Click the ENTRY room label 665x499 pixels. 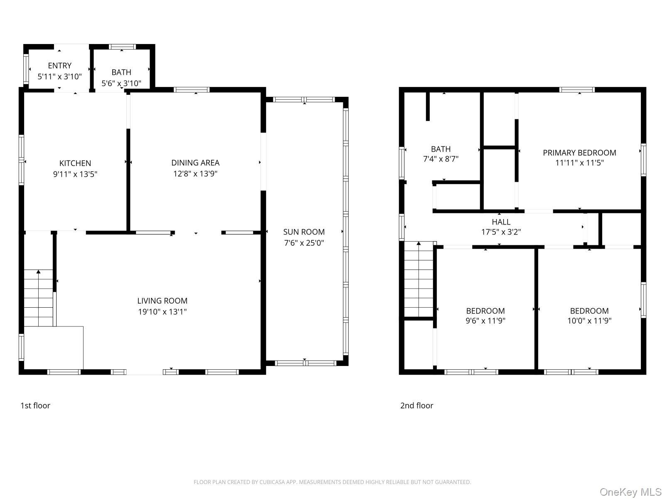[x=60, y=65]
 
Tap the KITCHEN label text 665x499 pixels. [x=75, y=163]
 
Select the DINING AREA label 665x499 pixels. [x=195, y=163]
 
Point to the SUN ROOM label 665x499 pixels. [x=304, y=232]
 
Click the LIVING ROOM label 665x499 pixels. [x=163, y=301]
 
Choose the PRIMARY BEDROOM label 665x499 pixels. [x=579, y=153]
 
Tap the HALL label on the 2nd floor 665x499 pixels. [x=501, y=222]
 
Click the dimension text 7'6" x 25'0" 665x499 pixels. [x=304, y=243]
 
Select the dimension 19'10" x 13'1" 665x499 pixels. [x=163, y=311]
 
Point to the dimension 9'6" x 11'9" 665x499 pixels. [x=485, y=321]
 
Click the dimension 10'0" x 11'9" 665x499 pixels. [x=589, y=321]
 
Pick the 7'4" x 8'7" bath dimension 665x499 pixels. [x=441, y=159]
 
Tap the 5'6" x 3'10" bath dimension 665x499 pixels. [x=121, y=83]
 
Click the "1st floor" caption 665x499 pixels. [x=35, y=405]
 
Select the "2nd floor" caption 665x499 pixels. [x=416, y=405]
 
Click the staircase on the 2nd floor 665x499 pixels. [x=419, y=279]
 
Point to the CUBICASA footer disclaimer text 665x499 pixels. [x=332, y=482]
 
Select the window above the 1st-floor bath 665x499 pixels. [x=122, y=47]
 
